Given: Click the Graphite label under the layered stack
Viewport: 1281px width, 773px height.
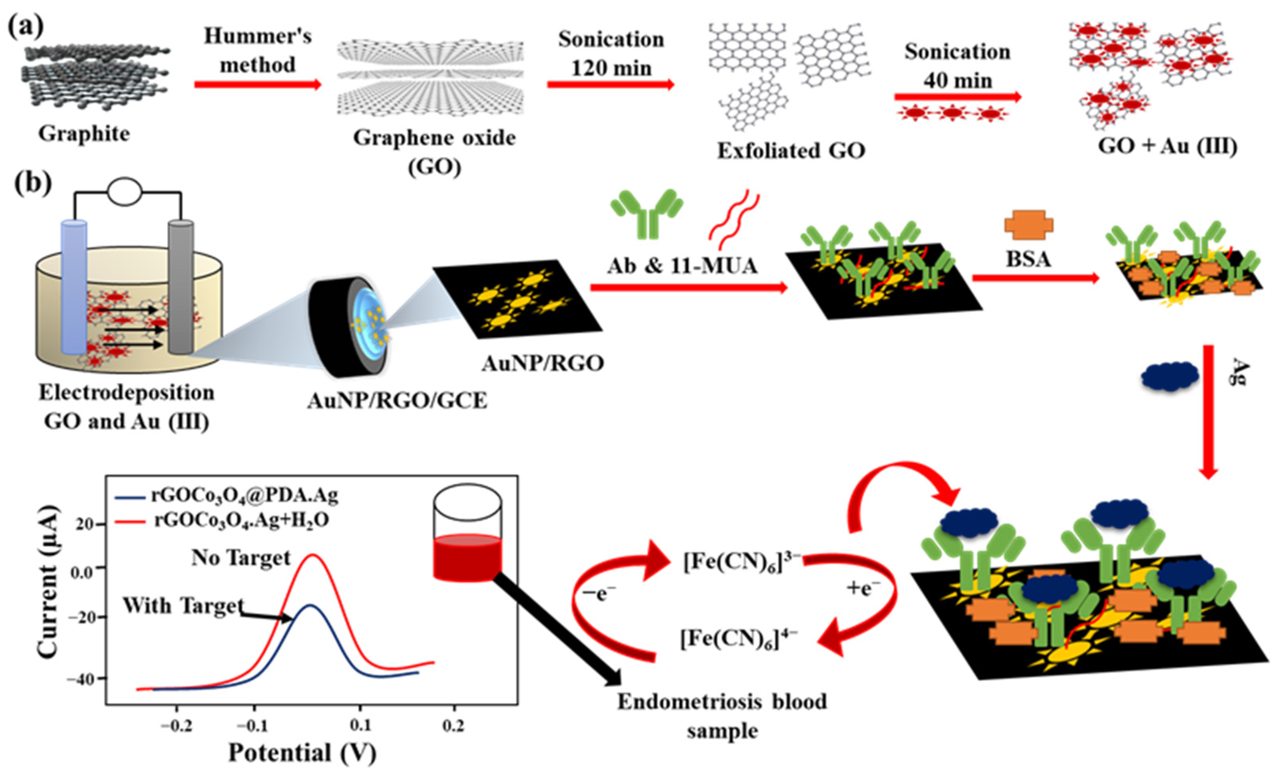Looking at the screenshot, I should click(84, 134).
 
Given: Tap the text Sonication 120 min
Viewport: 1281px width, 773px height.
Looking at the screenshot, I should click(611, 54).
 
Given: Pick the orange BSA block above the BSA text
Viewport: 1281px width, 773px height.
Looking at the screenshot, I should click(1029, 224).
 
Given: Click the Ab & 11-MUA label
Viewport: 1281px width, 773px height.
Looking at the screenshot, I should click(682, 266).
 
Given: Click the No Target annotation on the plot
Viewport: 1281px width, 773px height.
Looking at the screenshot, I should click(241, 558).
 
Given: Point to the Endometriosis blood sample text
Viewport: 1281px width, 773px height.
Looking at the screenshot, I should click(722, 716).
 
